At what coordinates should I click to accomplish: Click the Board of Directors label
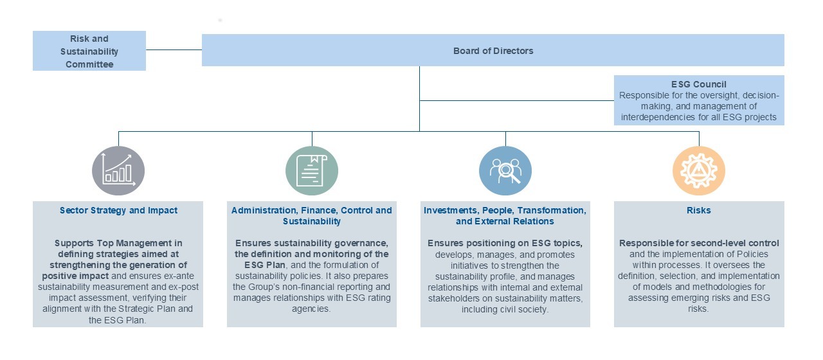pyautogui.click(x=493, y=51)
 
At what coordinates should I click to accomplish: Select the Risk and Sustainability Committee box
pyautogui.click(x=89, y=51)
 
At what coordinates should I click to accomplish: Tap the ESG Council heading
pyautogui.click(x=698, y=84)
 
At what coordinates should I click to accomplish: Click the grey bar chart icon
pyautogui.click(x=118, y=170)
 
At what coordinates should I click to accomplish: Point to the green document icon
pyautogui.click(x=312, y=170)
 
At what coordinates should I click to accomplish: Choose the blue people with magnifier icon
pyautogui.click(x=505, y=170)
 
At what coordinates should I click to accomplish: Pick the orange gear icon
pyautogui.click(x=699, y=170)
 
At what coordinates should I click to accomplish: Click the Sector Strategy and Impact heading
pyautogui.click(x=118, y=210)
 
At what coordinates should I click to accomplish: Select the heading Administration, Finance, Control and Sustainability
pyautogui.click(x=312, y=215)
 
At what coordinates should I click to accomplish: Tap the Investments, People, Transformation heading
pyautogui.click(x=505, y=215)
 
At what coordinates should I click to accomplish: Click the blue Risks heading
pyautogui.click(x=698, y=210)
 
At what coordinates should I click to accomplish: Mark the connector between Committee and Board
pyautogui.click(x=174, y=50)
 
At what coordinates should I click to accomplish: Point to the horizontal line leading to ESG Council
pyautogui.click(x=516, y=100)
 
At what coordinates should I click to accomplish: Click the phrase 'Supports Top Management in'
pyautogui.click(x=118, y=243)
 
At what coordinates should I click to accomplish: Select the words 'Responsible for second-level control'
pyautogui.click(x=699, y=243)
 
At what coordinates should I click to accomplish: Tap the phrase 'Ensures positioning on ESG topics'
pyautogui.click(x=505, y=243)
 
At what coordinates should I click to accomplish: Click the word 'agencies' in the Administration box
pyautogui.click(x=310, y=309)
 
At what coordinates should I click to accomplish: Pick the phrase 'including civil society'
pyautogui.click(x=504, y=309)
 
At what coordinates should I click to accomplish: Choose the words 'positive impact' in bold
pyautogui.click(x=75, y=276)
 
